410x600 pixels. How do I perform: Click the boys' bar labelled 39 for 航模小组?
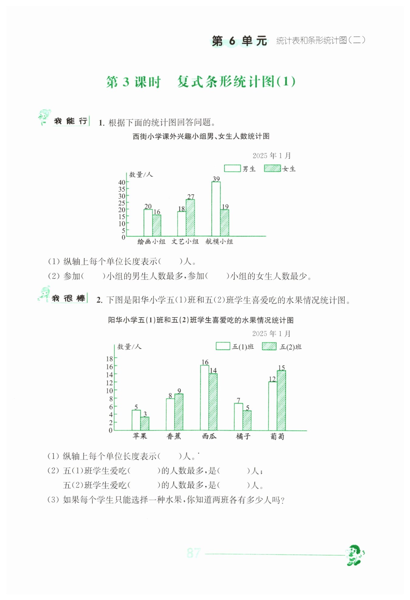pos(216,209)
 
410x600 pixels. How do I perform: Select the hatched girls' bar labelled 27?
pos(190,218)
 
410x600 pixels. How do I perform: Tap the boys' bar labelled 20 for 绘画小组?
pos(148,223)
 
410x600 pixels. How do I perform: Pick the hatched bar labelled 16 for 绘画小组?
pos(157,225)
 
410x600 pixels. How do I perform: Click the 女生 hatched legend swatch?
pos(272,168)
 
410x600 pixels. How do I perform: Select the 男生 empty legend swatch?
pos(232,168)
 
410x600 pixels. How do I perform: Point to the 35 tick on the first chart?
pos(122,189)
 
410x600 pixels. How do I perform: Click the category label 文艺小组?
pos(185,241)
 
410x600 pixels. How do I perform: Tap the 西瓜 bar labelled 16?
pos(204,397)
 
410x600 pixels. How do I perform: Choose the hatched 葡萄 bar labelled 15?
pos(281,400)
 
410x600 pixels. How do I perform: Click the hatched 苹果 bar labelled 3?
pos(145,423)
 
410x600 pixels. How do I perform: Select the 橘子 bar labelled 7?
pos(238,417)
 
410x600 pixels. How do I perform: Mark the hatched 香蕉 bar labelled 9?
pos(179,412)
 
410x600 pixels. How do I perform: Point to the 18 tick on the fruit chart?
pos(109,359)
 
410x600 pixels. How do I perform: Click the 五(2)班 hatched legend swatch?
pos(269,346)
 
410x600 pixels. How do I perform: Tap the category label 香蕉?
pos(174,436)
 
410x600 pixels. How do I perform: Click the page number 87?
pos(194,553)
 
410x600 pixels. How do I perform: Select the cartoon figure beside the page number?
pos(355,555)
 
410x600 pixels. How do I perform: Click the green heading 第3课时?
pos(133,82)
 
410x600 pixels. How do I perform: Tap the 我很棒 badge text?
pos(69,298)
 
